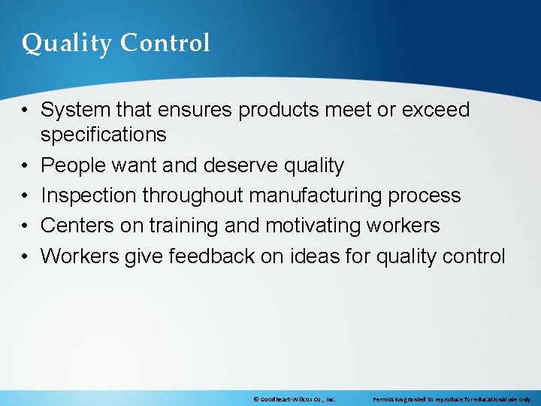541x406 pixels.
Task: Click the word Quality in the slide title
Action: [x=67, y=44]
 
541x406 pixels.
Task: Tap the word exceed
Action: [x=436, y=110]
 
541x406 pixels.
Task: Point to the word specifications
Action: [x=104, y=135]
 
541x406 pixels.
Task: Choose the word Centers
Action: [x=74, y=226]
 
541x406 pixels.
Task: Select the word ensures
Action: [x=198, y=110]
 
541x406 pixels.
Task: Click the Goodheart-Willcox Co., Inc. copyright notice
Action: [x=294, y=399]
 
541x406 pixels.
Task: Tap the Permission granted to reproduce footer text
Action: [x=452, y=399]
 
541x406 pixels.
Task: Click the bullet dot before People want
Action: [x=26, y=165]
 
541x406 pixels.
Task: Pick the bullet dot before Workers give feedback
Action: [x=26, y=256]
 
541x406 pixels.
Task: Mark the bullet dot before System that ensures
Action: [x=26, y=110]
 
